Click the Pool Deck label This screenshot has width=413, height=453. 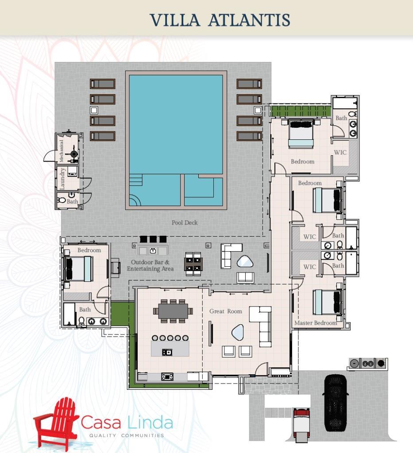pos(185,223)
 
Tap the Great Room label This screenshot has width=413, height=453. pos(226,311)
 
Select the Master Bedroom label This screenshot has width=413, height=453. pos(316,323)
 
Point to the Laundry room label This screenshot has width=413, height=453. pos(62,179)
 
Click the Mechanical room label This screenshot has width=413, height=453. pos(61,151)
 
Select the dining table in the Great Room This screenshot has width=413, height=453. pos(173,311)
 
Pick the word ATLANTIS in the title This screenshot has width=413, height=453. pos(249,19)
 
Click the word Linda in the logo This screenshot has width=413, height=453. pos(150,423)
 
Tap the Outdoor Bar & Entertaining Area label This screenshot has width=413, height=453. pos(151,265)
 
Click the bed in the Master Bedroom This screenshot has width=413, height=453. pos(328,302)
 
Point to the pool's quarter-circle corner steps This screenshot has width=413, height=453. pos(135,200)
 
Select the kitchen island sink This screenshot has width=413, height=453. pos(167,352)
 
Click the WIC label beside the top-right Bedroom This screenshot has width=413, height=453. pos(340,152)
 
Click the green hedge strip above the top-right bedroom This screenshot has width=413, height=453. pos(301,111)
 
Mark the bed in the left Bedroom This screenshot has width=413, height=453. pos(78,269)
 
